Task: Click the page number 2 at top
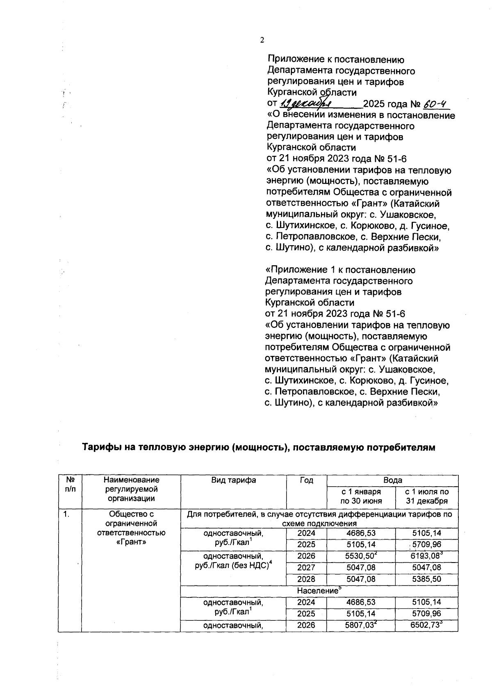pyautogui.click(x=262, y=40)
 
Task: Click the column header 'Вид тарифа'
pyautogui.click(x=233, y=480)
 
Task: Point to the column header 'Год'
pyautogui.click(x=306, y=480)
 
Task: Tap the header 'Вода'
pyautogui.click(x=392, y=480)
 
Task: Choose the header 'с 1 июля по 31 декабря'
pyautogui.click(x=426, y=496)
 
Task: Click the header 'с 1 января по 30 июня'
pyautogui.click(x=361, y=496)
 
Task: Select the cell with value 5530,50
pyautogui.click(x=360, y=556)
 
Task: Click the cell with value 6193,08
pyautogui.click(x=426, y=556)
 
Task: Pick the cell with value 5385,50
pyautogui.click(x=426, y=579)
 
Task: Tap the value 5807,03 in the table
pyautogui.click(x=360, y=626)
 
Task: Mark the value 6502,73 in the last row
pyautogui.click(x=426, y=626)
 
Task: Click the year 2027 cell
pyautogui.click(x=306, y=567)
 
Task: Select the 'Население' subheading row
pyautogui.click(x=319, y=591)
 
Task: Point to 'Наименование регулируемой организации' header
pyautogui.click(x=131, y=489)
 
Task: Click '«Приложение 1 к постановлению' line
pyautogui.click(x=340, y=270)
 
